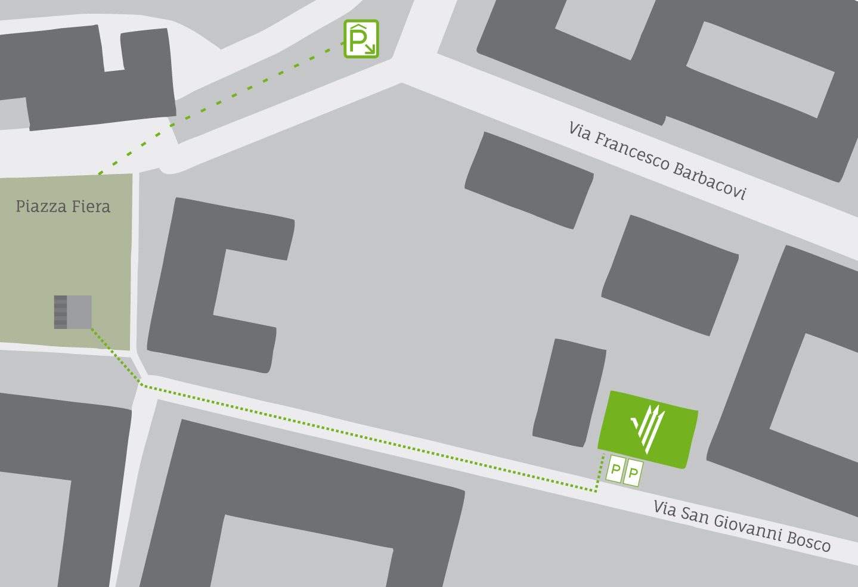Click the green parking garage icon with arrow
click(x=361, y=39)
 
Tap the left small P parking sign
click(x=615, y=470)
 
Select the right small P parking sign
click(x=633, y=473)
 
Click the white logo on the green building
click(x=648, y=427)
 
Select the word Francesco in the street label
click(x=633, y=151)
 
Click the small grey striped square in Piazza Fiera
click(x=73, y=312)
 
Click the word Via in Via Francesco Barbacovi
click(x=580, y=132)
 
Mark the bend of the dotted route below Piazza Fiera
click(x=142, y=385)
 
